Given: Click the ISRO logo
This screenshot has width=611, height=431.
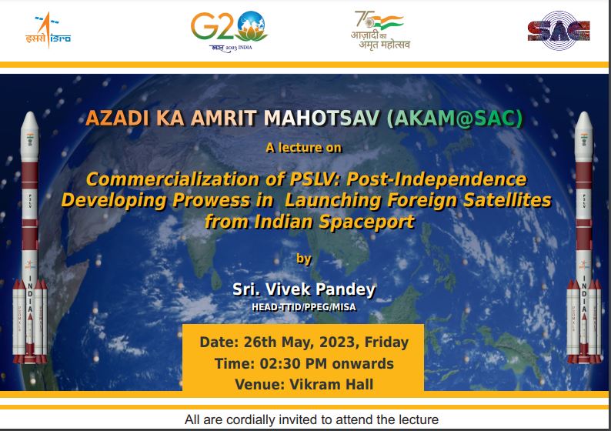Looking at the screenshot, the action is (x=48, y=30).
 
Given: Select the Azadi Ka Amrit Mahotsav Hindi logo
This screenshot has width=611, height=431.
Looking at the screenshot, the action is (x=380, y=30).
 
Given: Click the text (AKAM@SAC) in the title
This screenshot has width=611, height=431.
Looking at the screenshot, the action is (x=454, y=118).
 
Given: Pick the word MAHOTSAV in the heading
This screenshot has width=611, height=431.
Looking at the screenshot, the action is (x=322, y=118).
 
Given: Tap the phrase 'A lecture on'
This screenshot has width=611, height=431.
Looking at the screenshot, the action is (x=303, y=148).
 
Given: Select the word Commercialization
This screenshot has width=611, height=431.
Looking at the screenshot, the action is (x=172, y=179).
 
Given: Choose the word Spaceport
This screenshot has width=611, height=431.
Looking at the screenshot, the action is (x=367, y=222).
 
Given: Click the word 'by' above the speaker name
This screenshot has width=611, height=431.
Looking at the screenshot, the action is (x=304, y=259).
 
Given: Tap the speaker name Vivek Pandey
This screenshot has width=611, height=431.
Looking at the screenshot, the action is (x=320, y=289).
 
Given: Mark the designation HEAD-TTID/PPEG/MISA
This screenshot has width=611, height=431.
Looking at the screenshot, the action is (x=304, y=307).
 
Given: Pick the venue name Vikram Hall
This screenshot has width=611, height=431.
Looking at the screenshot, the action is (x=331, y=384).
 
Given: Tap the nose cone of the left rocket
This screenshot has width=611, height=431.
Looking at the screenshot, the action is (x=29, y=122).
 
